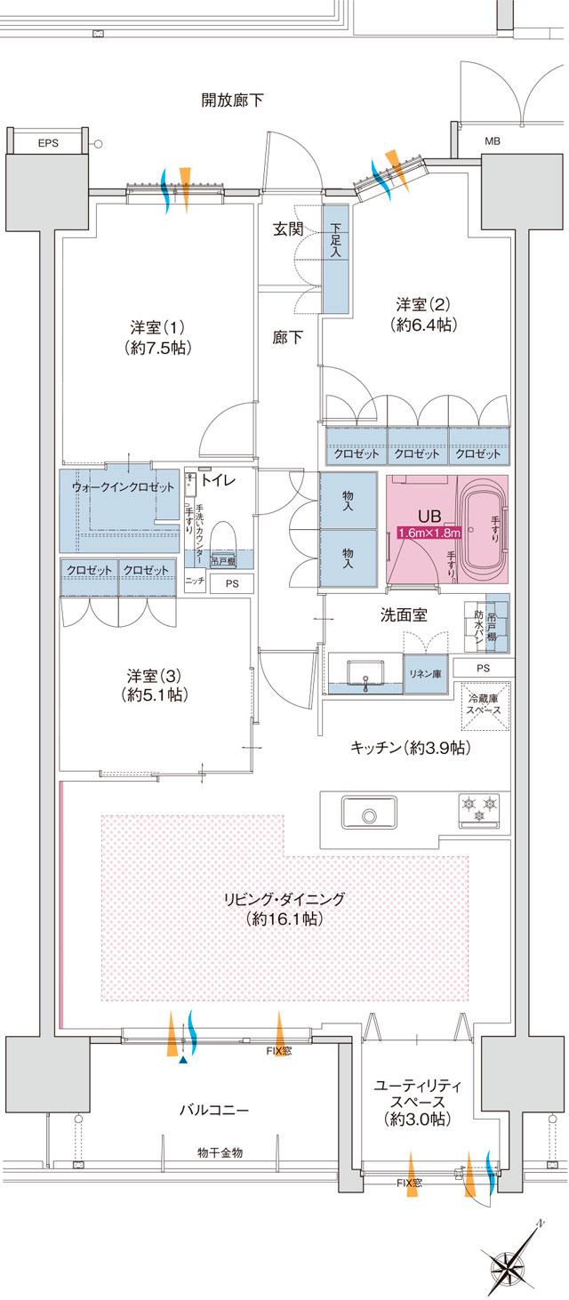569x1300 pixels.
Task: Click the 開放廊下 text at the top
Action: [x=232, y=100]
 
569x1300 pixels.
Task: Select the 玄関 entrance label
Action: [x=288, y=229]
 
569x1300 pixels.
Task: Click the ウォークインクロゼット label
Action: [x=124, y=487]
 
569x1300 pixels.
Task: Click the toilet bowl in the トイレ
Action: [x=223, y=539]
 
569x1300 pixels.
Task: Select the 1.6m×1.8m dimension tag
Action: [x=429, y=533]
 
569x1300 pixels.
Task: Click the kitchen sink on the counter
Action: [x=367, y=813]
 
